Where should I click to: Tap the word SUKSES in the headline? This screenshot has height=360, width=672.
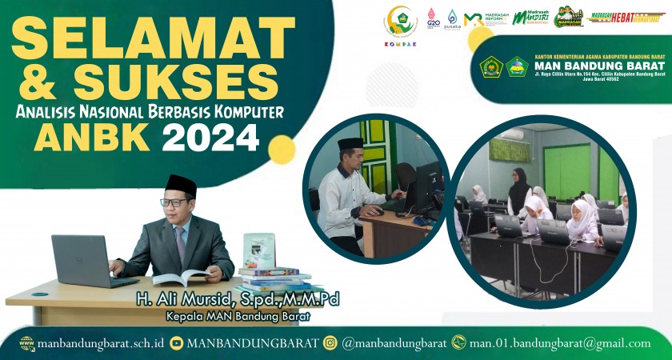coord(185,82)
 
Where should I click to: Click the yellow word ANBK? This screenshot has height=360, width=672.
coord(94,138)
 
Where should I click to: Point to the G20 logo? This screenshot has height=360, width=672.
coord(433,18)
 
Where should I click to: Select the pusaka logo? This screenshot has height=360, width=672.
coord(452,19)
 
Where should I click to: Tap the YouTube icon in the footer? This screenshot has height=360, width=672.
coord(176,343)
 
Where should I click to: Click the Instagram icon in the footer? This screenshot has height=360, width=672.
coord(330,343)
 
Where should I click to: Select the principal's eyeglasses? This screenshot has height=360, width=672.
coord(174,202)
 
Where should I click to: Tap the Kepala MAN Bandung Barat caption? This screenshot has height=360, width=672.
coord(238,316)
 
